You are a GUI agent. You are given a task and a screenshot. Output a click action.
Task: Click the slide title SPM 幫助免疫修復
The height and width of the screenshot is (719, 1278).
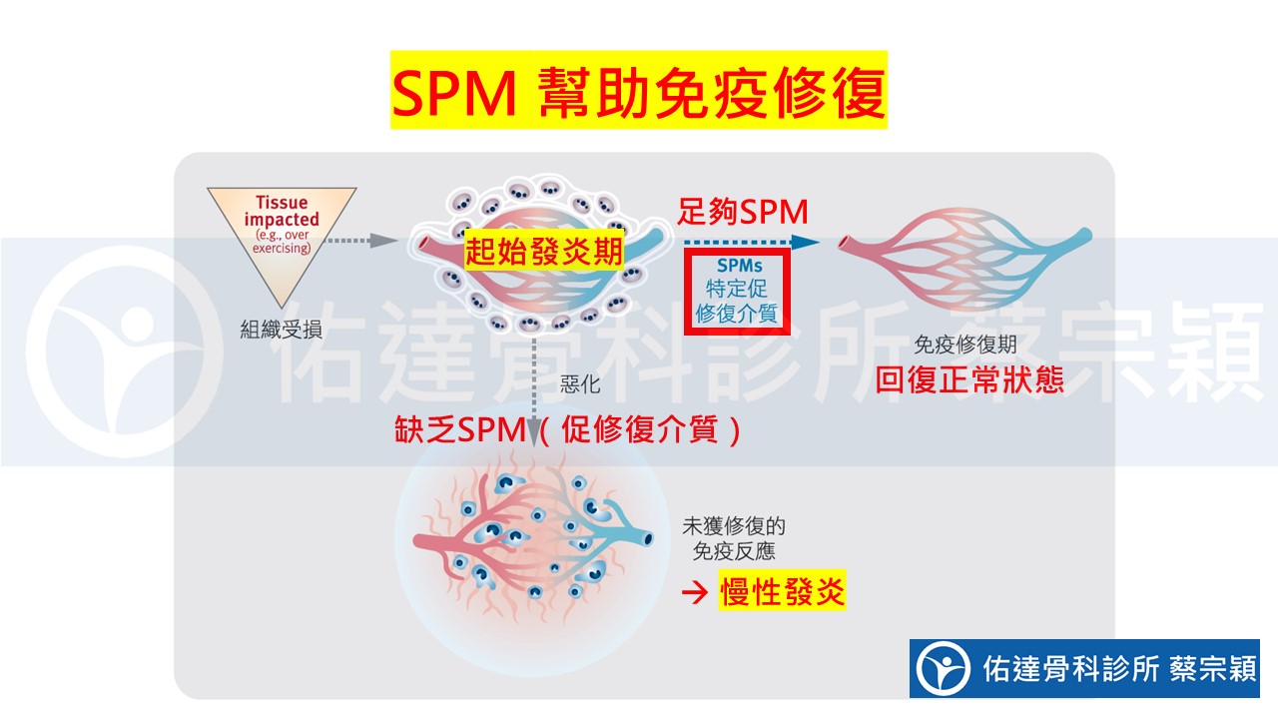coord(638,92)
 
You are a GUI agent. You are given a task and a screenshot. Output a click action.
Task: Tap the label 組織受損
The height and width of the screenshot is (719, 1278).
coord(281,329)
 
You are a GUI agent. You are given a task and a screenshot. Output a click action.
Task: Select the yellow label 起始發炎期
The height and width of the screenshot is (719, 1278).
coord(544,251)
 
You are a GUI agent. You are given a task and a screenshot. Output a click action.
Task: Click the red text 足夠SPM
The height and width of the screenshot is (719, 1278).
coord(743,211)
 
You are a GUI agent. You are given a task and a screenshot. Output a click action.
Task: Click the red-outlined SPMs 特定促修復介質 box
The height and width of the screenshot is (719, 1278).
coord(737,291)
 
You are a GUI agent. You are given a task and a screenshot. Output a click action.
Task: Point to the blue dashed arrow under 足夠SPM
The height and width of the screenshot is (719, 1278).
coord(749,242)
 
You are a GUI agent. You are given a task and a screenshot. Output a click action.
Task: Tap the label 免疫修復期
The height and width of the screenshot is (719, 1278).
coord(965,346)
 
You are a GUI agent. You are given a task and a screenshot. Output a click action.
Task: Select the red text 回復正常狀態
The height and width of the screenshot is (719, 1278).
coord(969,380)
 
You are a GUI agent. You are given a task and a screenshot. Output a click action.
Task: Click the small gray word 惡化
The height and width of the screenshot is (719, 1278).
coord(580,384)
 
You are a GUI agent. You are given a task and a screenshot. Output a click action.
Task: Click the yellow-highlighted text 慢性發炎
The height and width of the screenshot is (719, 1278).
coord(782,592)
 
